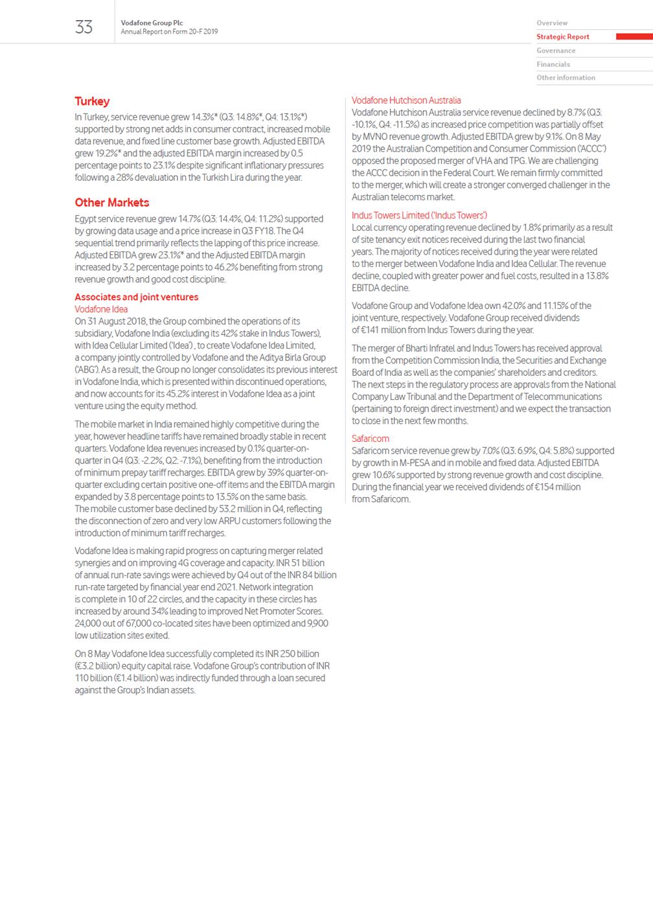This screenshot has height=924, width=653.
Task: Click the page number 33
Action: (x=84, y=27)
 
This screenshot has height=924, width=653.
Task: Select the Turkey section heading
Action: (x=92, y=101)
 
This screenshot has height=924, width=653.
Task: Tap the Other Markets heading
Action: (x=111, y=203)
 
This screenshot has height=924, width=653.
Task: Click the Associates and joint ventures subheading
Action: (x=136, y=297)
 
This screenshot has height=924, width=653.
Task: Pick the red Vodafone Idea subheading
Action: (x=101, y=309)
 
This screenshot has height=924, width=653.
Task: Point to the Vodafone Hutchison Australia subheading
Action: (x=406, y=100)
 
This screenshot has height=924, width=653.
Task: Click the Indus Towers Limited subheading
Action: (x=419, y=215)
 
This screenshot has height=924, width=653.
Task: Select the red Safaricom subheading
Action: (x=371, y=439)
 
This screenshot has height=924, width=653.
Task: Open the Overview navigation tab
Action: (x=552, y=23)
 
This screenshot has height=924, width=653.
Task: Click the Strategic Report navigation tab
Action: (x=563, y=37)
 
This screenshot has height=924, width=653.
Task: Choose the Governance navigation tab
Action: (x=556, y=51)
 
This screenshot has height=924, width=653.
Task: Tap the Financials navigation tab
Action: (x=553, y=64)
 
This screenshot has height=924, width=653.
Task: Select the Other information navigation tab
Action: (x=566, y=78)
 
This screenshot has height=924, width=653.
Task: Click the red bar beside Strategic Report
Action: (x=634, y=37)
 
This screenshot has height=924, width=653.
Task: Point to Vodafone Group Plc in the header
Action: (x=152, y=23)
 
